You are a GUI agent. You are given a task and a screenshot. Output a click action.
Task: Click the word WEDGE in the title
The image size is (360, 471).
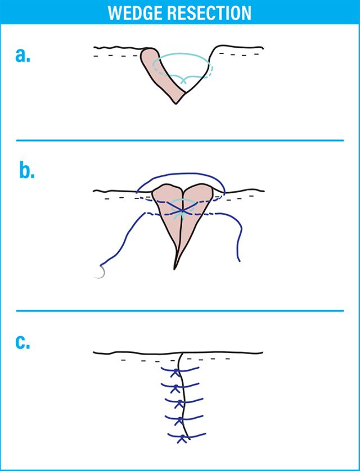(x=135, y=12)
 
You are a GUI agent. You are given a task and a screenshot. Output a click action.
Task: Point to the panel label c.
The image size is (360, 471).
(x=23, y=341)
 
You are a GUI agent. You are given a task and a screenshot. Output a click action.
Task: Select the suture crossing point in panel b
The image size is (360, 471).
(x=181, y=210)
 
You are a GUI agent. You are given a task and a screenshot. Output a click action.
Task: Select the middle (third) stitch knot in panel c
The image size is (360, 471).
(x=179, y=403)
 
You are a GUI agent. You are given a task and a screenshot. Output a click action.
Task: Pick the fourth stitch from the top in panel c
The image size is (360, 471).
(x=180, y=420)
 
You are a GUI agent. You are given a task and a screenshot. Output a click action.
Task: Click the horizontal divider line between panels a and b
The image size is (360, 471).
(x=180, y=140)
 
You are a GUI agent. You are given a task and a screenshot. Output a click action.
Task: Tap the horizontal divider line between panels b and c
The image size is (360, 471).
(x=180, y=310)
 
